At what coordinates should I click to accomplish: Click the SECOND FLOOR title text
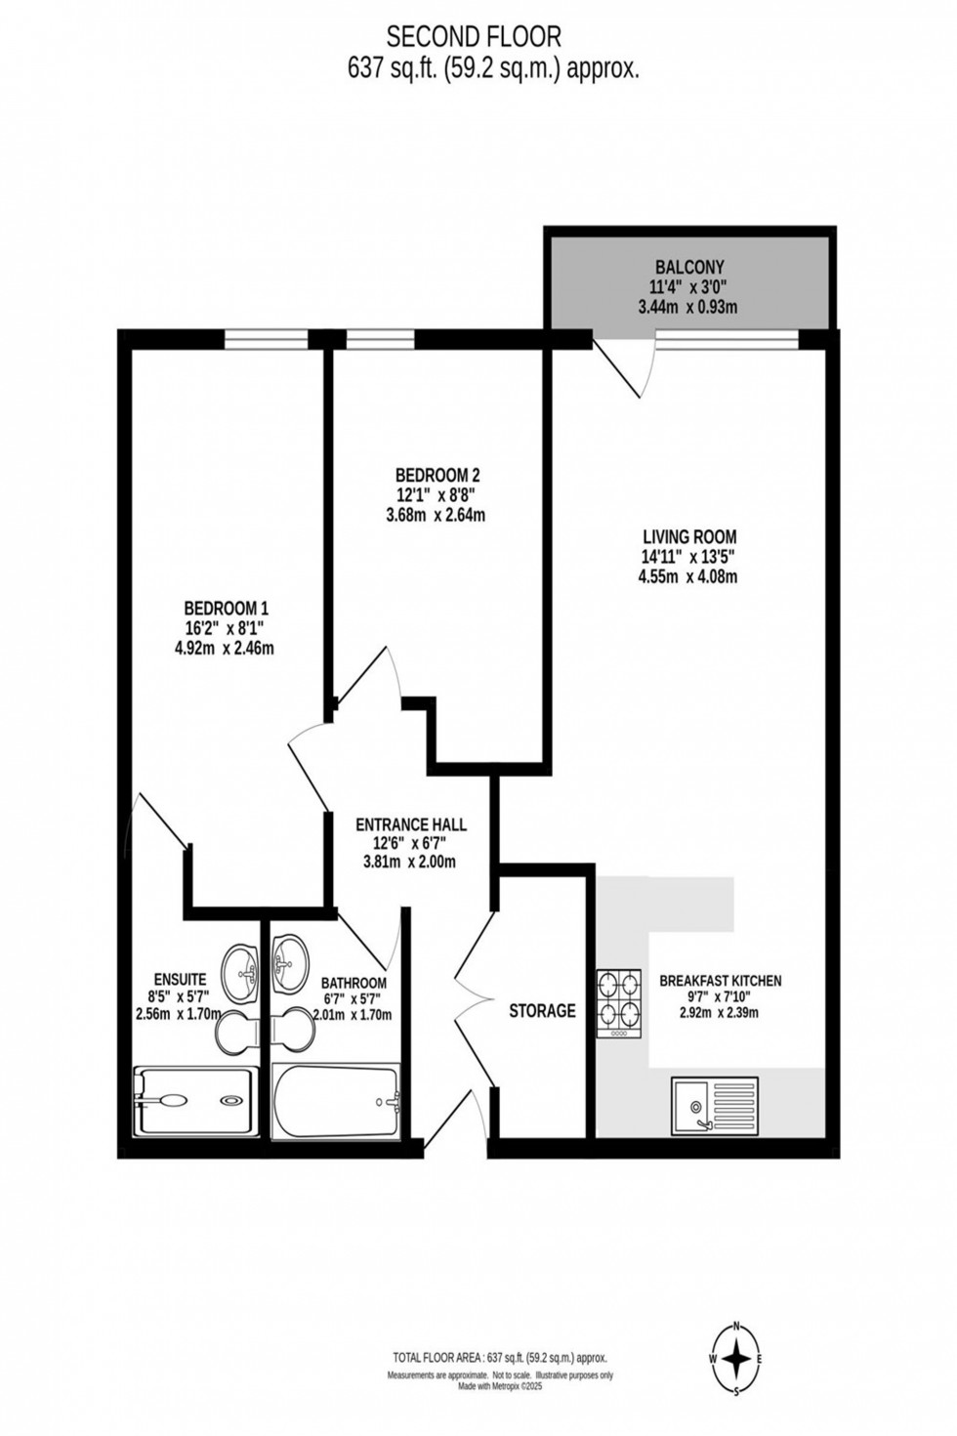(x=474, y=37)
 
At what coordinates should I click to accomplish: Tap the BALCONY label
(x=689, y=267)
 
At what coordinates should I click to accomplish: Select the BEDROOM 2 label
(x=444, y=476)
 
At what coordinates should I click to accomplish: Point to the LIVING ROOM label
(x=688, y=536)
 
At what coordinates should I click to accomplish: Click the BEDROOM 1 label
(x=226, y=609)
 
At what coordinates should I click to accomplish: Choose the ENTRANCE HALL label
(x=410, y=824)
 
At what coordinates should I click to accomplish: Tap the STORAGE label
(x=542, y=1011)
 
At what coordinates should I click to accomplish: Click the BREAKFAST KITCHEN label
(x=720, y=981)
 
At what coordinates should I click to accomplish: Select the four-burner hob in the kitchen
(x=619, y=1001)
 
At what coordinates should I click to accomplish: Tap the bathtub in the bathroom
(x=335, y=1102)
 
